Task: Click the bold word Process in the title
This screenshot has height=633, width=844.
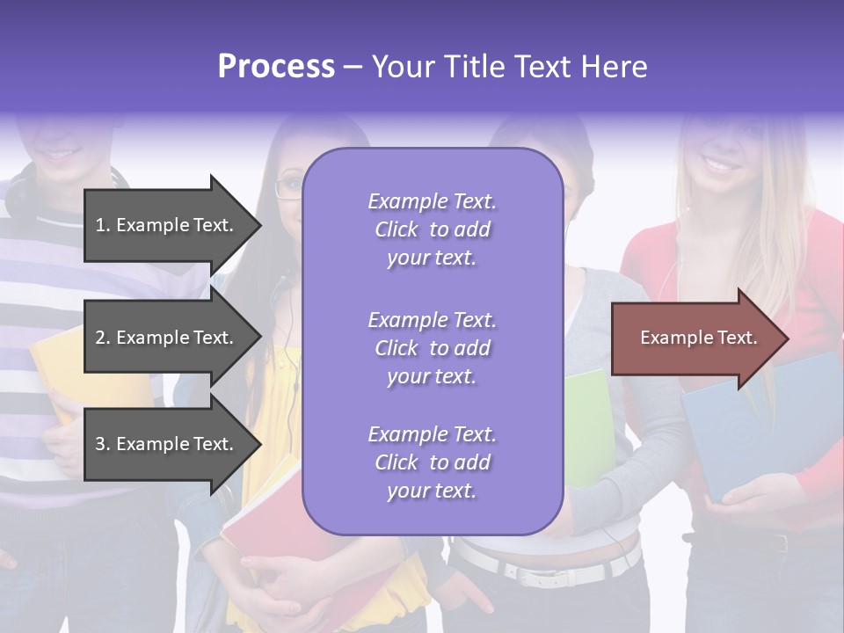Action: pyautogui.click(x=276, y=67)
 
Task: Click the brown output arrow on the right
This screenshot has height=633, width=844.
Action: pyautogui.click(x=699, y=338)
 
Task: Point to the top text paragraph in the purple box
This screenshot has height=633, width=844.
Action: pyautogui.click(x=432, y=229)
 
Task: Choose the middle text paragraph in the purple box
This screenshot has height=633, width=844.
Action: pyautogui.click(x=432, y=348)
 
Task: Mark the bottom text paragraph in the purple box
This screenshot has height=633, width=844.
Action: pyautogui.click(x=432, y=462)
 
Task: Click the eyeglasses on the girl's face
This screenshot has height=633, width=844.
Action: pyautogui.click(x=288, y=187)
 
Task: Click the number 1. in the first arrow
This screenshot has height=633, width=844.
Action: pyautogui.click(x=103, y=225)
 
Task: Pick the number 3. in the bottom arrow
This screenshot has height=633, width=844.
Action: pyautogui.click(x=103, y=444)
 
